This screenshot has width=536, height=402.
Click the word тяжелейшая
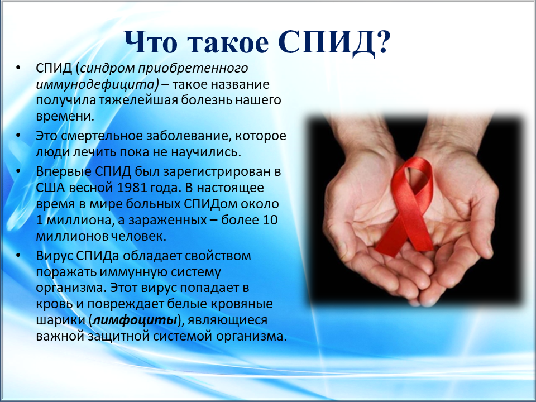[139, 100]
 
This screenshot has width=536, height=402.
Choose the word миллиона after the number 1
[79, 221]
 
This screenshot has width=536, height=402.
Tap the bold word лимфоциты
[135, 320]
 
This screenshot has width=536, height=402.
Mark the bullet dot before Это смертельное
[18, 135]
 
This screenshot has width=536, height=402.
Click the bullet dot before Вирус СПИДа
[18, 255]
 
